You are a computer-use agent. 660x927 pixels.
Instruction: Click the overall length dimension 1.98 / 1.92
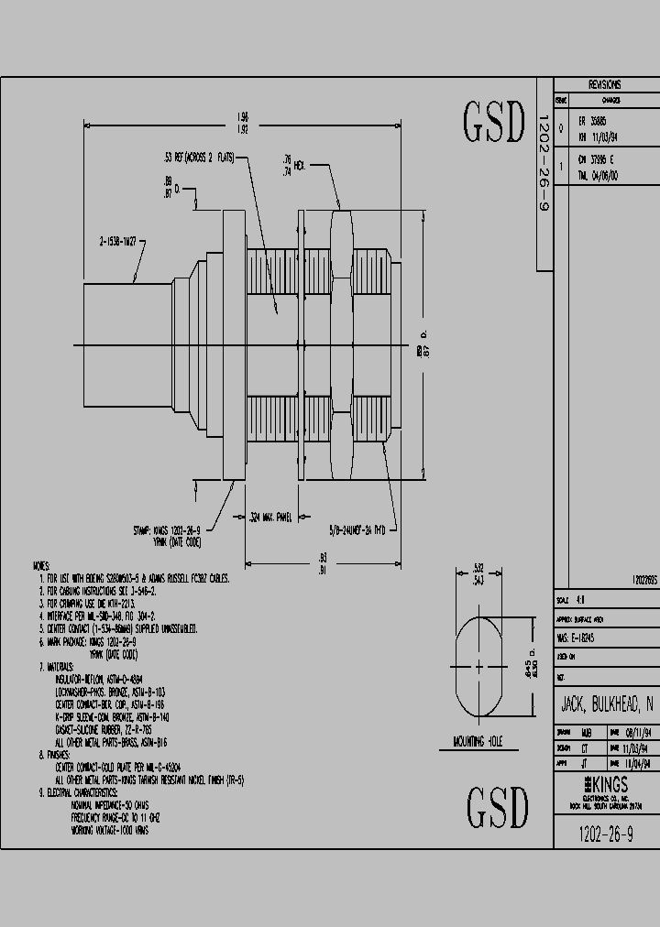[x=241, y=123]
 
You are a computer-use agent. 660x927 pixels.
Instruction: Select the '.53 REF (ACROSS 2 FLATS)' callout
[x=197, y=158]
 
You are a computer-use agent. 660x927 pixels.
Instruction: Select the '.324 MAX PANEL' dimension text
[x=270, y=518]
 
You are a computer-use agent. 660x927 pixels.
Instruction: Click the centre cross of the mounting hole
[x=479, y=667]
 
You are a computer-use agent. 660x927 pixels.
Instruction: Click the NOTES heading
[x=41, y=567]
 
